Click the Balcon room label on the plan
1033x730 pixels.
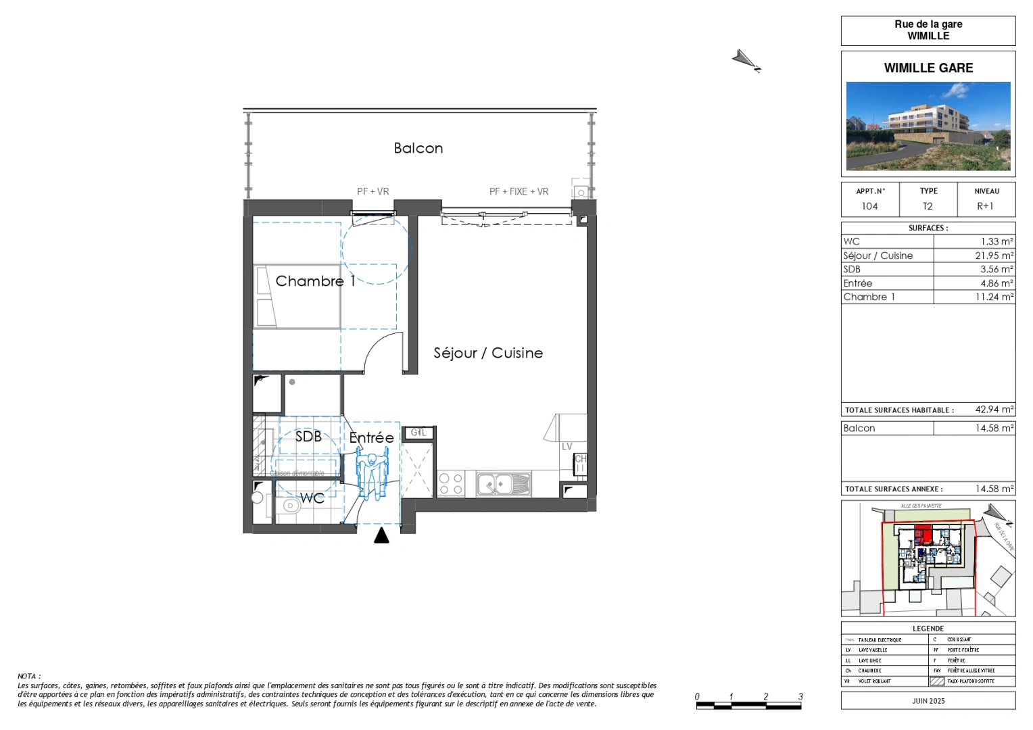coord(418,148)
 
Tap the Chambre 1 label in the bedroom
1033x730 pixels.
coord(315,281)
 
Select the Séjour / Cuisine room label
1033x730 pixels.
coord(488,353)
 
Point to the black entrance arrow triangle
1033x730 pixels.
coord(382,535)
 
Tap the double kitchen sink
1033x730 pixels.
coord(504,484)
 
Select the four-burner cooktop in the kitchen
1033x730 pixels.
coord(451,484)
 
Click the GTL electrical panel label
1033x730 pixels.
coord(418,433)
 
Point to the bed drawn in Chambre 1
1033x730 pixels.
coord(297,297)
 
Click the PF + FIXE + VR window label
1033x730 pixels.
coord(519,192)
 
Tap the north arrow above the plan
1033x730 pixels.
coord(746,61)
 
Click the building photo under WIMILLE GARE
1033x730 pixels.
coord(928,126)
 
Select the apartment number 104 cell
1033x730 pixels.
coord(869,206)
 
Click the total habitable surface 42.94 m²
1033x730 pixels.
coord(994,410)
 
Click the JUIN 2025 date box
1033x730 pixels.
coord(928,701)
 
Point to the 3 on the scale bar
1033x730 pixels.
coord(800,696)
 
